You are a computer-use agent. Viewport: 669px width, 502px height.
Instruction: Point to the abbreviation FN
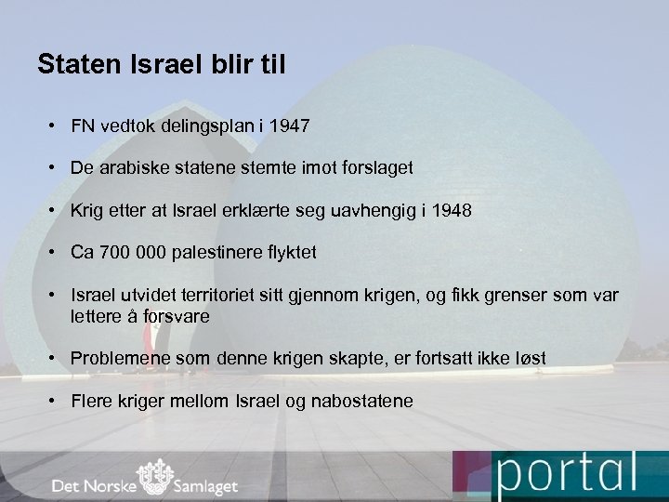pos(83,125)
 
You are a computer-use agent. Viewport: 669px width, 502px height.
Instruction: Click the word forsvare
pos(177,316)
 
